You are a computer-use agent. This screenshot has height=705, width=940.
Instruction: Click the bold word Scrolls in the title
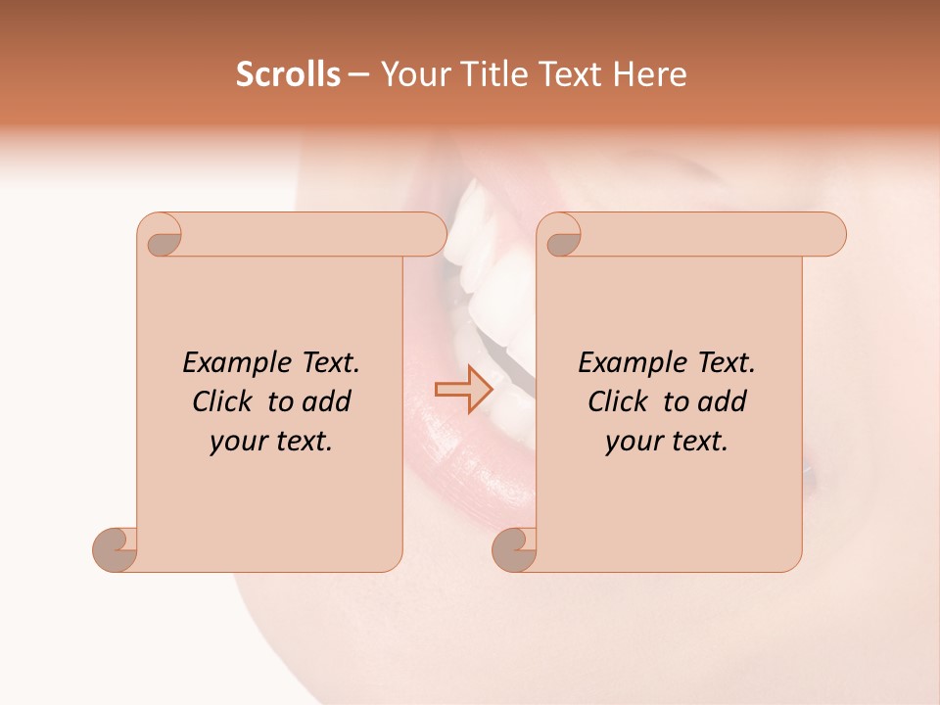(x=289, y=74)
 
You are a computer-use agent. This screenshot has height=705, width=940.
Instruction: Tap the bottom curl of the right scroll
(x=515, y=548)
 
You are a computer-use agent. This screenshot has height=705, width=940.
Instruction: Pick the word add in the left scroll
(x=326, y=402)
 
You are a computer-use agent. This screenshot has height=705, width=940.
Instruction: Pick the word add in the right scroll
(x=722, y=402)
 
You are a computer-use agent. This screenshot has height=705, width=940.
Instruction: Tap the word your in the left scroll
(x=236, y=442)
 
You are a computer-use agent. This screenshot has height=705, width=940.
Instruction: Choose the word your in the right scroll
(x=632, y=442)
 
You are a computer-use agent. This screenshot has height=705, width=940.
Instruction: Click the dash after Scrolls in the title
(x=358, y=74)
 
